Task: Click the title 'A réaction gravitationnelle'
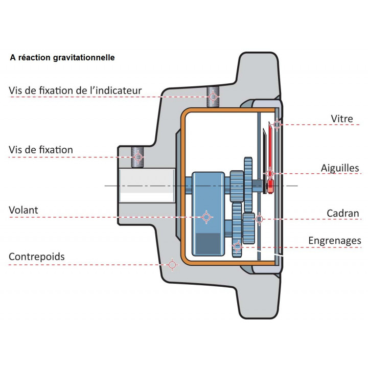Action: (62, 58)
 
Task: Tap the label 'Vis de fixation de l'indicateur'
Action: (75, 91)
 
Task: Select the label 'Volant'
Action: (24, 210)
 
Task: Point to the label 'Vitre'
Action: (342, 119)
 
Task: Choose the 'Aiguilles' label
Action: (340, 168)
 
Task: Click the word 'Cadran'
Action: (343, 213)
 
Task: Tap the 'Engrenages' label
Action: (334, 240)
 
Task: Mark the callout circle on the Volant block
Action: (206, 217)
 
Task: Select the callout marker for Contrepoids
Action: (172, 265)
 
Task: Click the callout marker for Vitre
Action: (277, 124)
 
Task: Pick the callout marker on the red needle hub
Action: (270, 174)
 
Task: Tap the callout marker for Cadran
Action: (259, 219)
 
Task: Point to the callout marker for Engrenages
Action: (237, 247)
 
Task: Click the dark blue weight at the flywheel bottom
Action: (208, 241)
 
